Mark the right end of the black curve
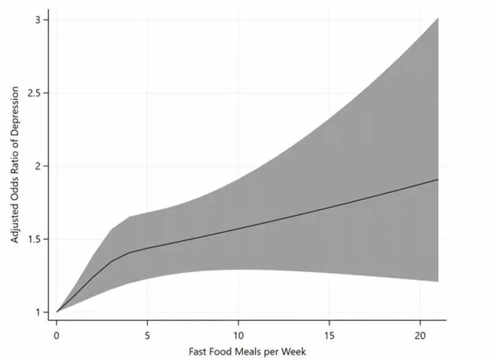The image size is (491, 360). (x=438, y=179)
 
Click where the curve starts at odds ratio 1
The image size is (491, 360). (x=56, y=312)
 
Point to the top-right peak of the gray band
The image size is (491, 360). (x=438, y=18)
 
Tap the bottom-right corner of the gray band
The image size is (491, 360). (x=438, y=281)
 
